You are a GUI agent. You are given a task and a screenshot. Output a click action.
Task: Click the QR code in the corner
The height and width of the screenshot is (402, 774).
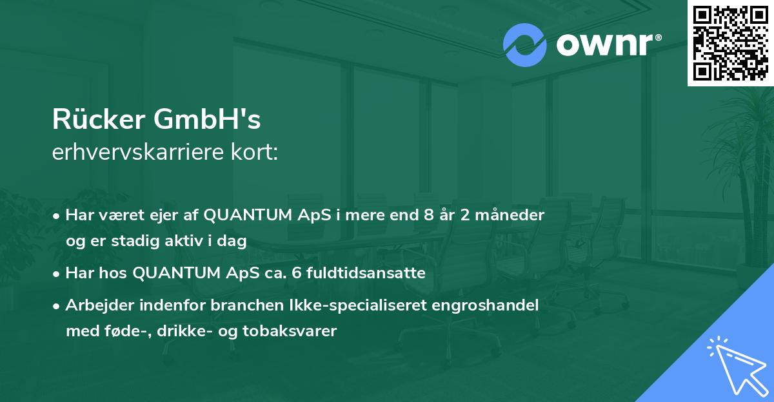729,43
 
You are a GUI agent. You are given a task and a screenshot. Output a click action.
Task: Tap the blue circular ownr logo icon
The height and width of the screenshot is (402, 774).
525,45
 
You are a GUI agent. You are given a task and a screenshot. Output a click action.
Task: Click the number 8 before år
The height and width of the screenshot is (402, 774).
428,215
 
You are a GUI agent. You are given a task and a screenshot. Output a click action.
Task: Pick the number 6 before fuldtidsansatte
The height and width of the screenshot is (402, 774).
296,273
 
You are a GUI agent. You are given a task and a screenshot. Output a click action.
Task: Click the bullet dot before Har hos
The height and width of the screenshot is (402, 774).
57,273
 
